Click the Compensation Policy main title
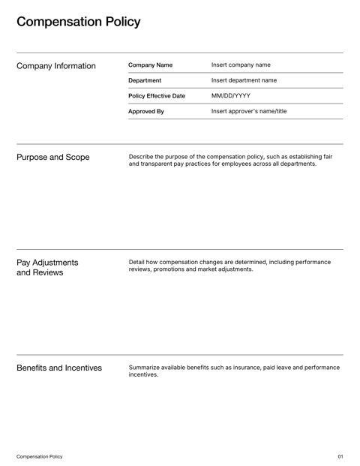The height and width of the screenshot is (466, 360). click(78, 22)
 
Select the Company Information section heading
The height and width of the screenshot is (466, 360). click(56, 66)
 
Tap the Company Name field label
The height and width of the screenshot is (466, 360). click(150, 65)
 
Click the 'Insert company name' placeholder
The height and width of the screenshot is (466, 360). click(241, 65)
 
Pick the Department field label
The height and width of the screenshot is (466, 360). click(145, 80)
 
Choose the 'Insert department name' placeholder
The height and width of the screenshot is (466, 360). click(244, 80)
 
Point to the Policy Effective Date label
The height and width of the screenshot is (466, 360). click(157, 96)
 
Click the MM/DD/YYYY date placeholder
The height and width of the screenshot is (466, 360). click(231, 96)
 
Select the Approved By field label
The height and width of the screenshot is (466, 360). click(146, 111)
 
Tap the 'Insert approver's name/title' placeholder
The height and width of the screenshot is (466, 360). click(249, 111)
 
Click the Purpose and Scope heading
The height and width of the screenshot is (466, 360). click(53, 158)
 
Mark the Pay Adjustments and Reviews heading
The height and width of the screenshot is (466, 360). click(47, 267)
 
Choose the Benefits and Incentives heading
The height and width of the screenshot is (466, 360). click(59, 368)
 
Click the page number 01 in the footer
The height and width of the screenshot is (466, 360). click(340, 456)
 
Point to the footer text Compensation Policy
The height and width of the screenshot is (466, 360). click(40, 456)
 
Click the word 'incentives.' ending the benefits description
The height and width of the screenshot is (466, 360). click(144, 374)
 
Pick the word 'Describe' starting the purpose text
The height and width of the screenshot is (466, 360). click(142, 157)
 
